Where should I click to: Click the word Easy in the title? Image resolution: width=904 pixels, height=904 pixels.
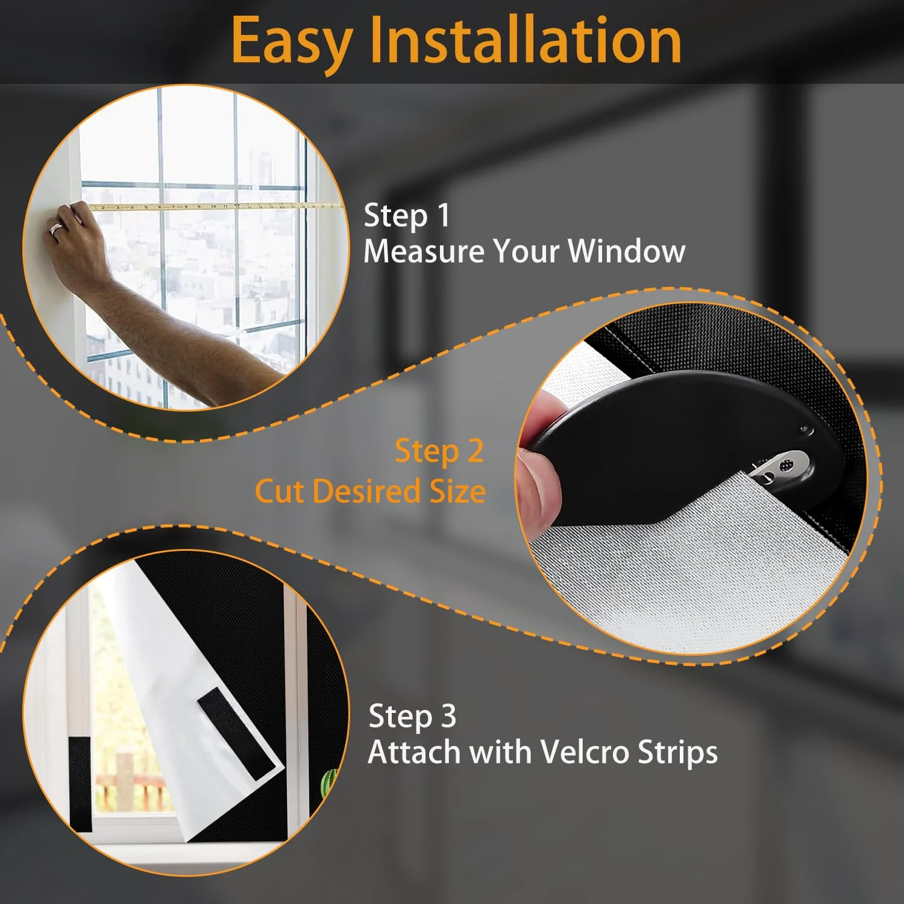coord(292,40)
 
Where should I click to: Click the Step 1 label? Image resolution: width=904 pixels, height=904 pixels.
coord(407,216)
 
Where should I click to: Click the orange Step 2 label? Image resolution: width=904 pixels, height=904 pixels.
coord(439,451)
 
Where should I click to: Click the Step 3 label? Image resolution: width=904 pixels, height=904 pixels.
coord(412,717)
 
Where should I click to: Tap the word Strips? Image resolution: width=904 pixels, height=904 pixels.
coord(677,753)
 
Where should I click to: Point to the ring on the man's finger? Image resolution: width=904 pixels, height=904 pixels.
coord(56,228)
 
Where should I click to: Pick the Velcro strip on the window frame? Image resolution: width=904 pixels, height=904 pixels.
coord(80,783)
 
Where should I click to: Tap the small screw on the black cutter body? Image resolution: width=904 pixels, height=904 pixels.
coord(805,430)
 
